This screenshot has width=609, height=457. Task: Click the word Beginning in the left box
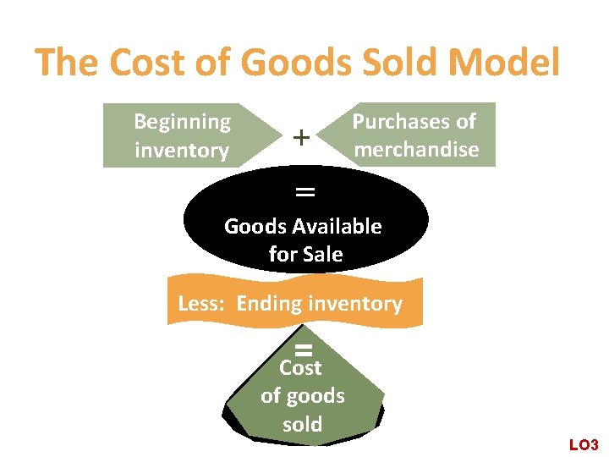[x=182, y=121]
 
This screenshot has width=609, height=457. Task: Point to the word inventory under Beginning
[x=182, y=151]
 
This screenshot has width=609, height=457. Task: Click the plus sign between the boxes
[x=301, y=135]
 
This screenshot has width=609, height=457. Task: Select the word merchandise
[x=417, y=150]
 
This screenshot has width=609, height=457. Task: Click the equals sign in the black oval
[x=304, y=192]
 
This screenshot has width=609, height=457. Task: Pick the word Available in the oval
[x=337, y=226]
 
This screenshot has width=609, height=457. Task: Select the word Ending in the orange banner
[x=268, y=304]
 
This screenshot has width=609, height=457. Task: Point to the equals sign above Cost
[x=304, y=350]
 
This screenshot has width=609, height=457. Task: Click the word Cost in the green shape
[x=300, y=368]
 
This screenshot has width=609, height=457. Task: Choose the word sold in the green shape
[x=303, y=424]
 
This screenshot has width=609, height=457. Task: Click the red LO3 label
[x=584, y=444]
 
